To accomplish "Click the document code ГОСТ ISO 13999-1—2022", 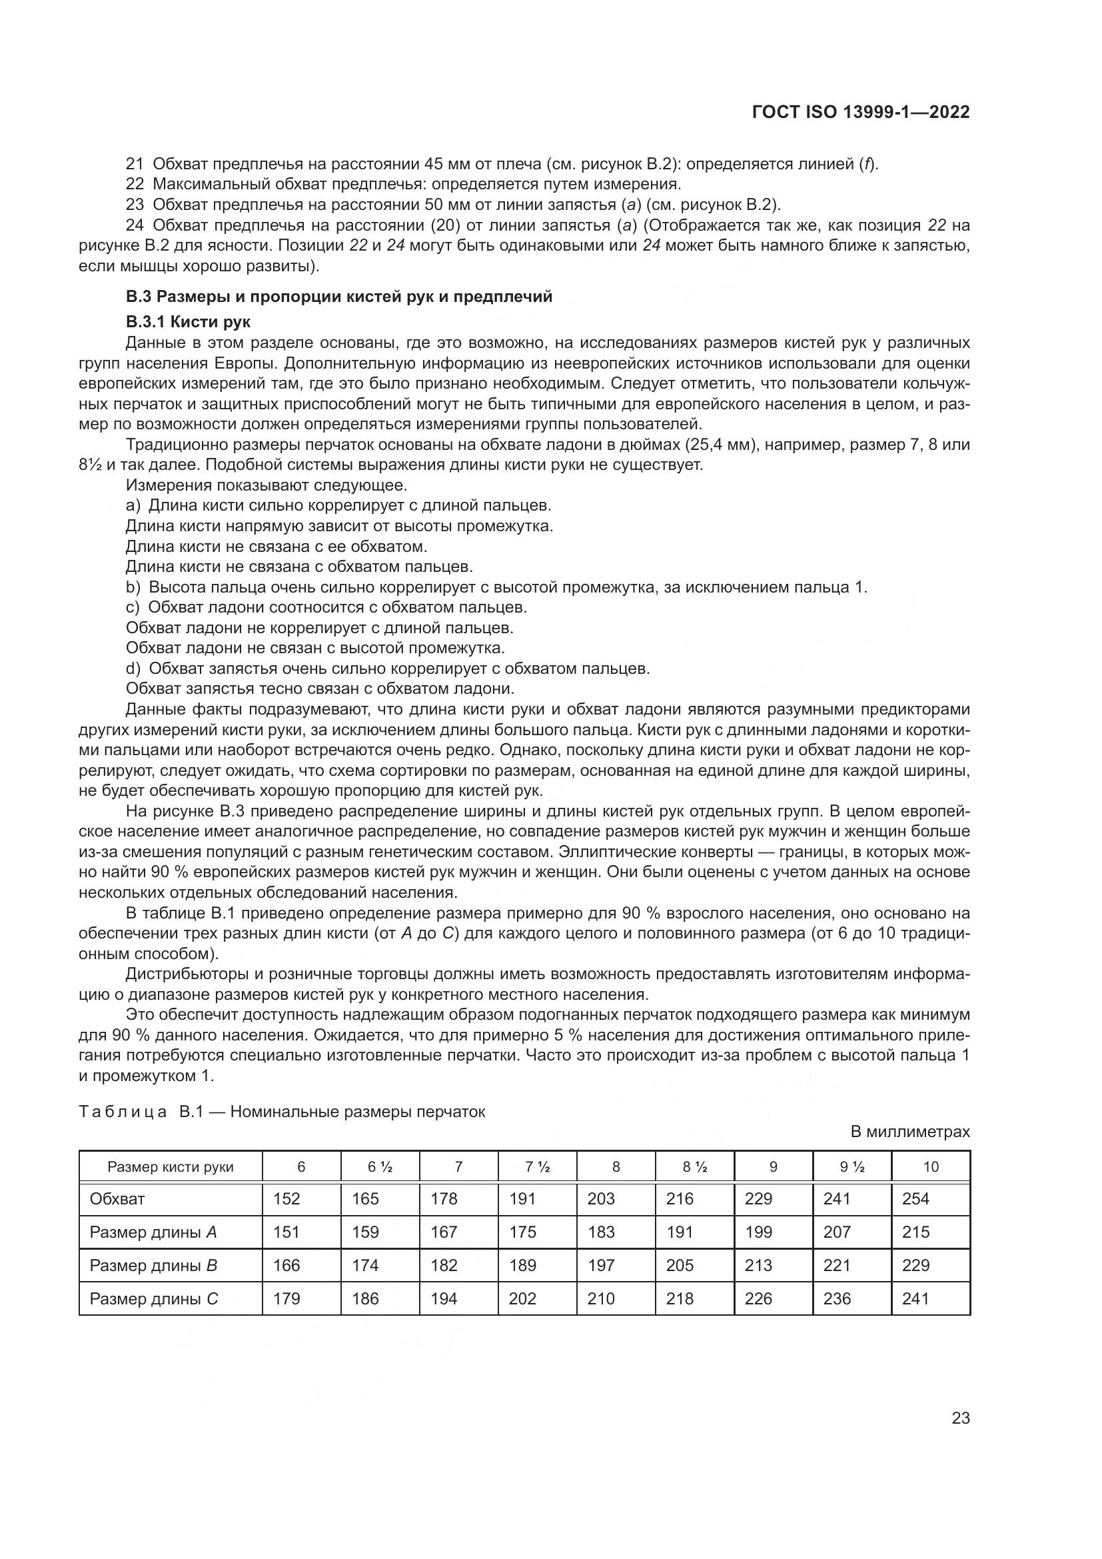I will pos(860,112).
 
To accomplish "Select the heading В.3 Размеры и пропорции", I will pos(338,297).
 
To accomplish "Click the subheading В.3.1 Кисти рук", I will pos(188,322).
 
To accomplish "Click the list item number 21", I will pos(135,165).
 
